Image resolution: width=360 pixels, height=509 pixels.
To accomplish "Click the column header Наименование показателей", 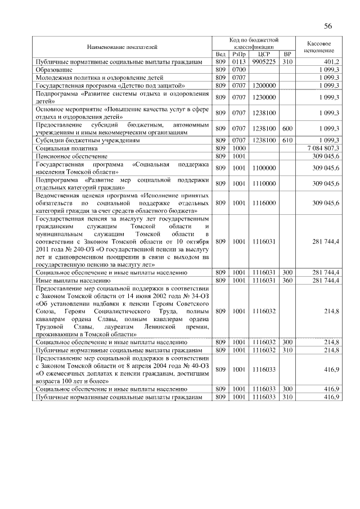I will click(x=122, y=46).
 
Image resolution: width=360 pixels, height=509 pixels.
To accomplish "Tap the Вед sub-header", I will click(x=220, y=54).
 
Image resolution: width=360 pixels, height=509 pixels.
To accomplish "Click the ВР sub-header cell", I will click(x=287, y=54).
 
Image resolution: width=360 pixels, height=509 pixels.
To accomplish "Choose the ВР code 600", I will click(x=287, y=128).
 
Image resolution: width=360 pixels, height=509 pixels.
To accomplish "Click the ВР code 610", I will click(x=287, y=139).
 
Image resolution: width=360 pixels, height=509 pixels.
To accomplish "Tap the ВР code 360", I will click(x=287, y=280).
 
